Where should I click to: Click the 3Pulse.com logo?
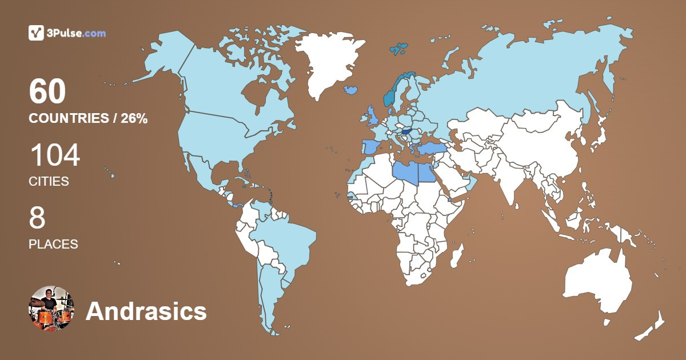pos(67,33)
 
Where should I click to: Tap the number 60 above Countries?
pos(47,92)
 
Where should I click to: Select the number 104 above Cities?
pos(54,155)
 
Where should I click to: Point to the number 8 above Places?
pos(37,218)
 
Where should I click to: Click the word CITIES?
pos(49,182)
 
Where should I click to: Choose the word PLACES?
pos(53,244)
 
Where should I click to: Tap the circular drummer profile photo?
pos(51,309)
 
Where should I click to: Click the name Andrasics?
pos(146,311)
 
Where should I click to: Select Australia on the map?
pos(597,283)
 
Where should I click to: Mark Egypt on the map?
pos(429,172)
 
